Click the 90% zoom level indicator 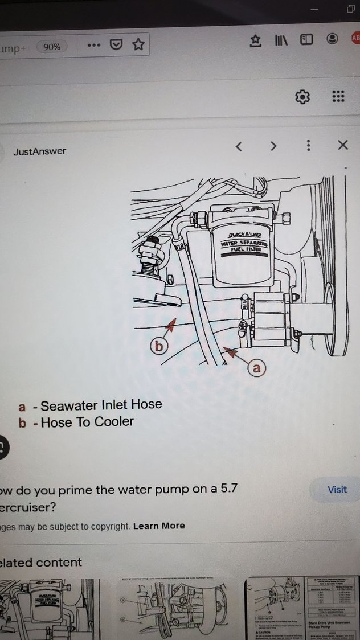52,47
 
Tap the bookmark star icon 138,44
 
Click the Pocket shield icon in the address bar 116,44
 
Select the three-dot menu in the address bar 94,45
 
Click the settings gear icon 302,96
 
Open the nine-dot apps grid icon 338,96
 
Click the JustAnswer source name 39,151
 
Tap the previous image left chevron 239,146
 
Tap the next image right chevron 273,146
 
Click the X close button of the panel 342,145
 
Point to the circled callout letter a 256,368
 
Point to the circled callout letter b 159,346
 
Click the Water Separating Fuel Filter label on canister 241,245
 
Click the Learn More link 159,526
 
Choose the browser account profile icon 332,39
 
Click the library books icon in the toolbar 281,40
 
